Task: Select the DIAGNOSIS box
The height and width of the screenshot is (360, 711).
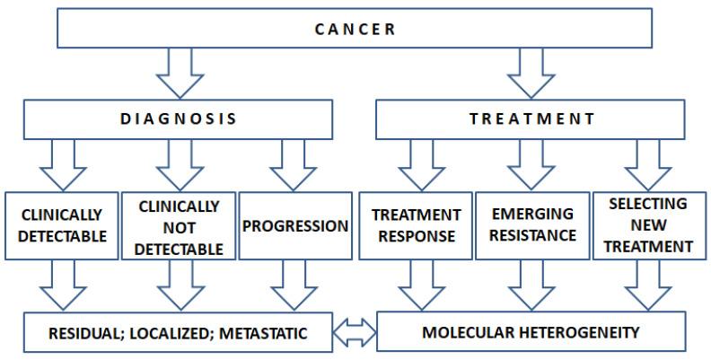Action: (180, 119)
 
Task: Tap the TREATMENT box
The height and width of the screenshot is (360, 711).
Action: (532, 119)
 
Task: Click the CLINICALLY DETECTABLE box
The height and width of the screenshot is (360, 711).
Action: (60, 225)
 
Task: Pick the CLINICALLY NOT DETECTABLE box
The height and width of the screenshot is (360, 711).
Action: (178, 225)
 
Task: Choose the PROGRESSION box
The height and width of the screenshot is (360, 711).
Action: (295, 225)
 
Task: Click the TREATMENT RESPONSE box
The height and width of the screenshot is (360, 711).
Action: (416, 225)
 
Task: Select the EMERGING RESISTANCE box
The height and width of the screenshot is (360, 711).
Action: (532, 225)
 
